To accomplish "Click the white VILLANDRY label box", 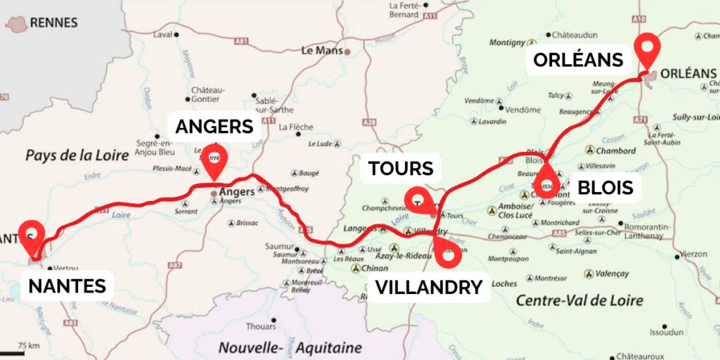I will [x=428, y=287].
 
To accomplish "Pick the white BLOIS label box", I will [x=605, y=188].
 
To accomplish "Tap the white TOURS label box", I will [x=400, y=168].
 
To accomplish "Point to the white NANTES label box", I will [x=67, y=285].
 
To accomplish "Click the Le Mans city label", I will [x=320, y=51].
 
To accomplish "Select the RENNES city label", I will [x=53, y=22].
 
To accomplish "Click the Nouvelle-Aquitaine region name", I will [x=290, y=347].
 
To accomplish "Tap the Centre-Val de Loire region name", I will [x=579, y=300].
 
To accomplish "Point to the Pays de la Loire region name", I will [x=77, y=155].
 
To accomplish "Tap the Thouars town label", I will [x=261, y=326].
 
